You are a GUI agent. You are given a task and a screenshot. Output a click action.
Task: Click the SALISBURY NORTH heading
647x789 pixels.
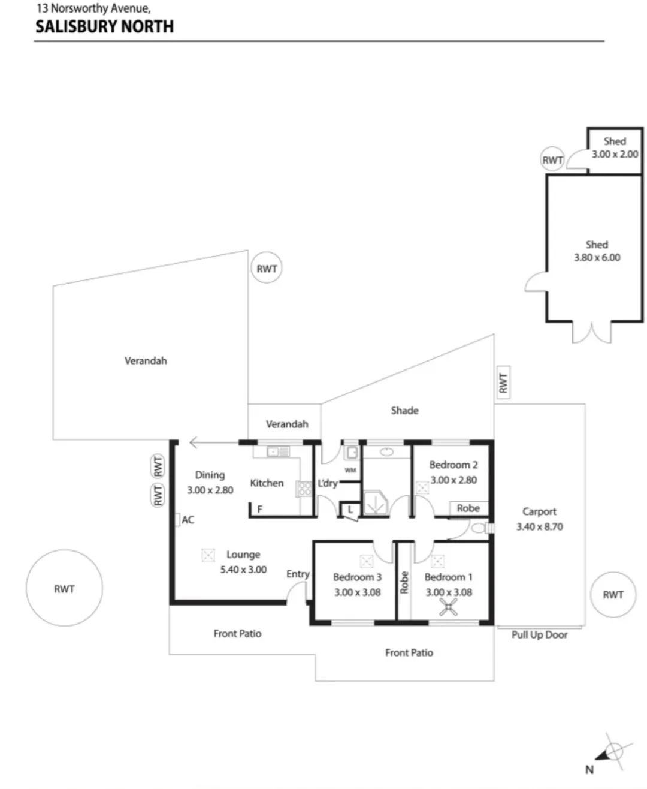click(105, 26)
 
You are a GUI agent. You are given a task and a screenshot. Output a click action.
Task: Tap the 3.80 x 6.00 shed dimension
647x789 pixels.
click(597, 257)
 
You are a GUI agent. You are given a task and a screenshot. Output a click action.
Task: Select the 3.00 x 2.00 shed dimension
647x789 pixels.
click(615, 154)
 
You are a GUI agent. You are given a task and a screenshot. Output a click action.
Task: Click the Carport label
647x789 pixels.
click(539, 511)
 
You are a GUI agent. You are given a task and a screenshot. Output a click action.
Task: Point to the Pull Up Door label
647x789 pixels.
click(539, 634)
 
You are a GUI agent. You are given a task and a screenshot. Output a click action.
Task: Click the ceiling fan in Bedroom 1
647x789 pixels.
click(448, 606)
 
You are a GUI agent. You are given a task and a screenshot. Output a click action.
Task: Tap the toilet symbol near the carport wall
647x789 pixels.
click(483, 528)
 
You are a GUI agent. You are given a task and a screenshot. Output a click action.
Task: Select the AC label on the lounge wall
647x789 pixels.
click(188, 520)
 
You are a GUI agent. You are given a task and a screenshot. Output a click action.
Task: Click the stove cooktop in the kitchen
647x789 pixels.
click(304, 489)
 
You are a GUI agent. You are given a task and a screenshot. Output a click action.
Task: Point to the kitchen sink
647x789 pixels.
click(278, 452)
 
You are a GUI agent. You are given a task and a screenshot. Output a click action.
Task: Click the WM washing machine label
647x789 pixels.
click(350, 470)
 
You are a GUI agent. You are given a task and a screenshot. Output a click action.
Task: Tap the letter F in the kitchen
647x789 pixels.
click(260, 509)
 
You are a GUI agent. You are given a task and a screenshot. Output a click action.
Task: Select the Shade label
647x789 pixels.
click(404, 411)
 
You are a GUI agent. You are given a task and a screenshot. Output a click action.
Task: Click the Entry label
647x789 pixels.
click(298, 574)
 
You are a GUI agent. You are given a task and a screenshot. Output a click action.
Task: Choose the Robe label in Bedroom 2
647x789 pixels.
click(468, 508)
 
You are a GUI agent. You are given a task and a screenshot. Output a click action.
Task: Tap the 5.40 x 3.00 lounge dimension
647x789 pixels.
click(243, 570)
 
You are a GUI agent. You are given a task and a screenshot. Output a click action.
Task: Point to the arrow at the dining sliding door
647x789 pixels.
click(214, 443)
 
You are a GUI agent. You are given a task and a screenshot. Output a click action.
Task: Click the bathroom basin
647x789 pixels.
click(386, 452)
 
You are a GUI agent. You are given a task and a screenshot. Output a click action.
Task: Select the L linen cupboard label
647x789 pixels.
click(350, 510)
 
